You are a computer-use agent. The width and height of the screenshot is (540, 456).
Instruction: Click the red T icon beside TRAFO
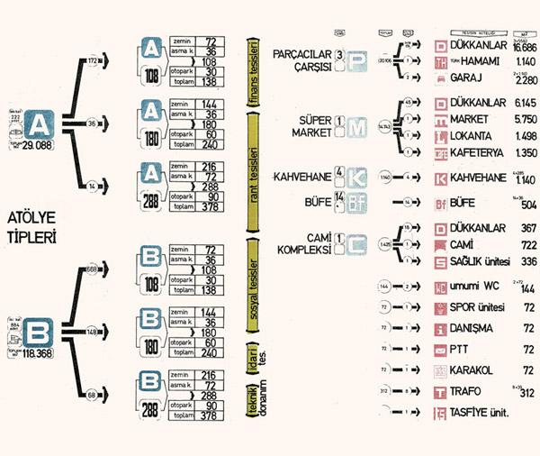tap(440, 391)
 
